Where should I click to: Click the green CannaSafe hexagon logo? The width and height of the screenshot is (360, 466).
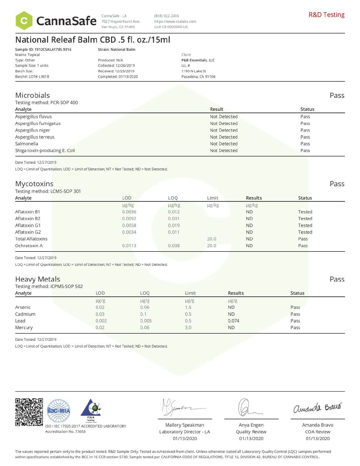(x=24, y=21)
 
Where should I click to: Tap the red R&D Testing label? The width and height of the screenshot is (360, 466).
(x=326, y=15)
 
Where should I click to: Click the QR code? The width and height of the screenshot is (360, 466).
(x=29, y=412)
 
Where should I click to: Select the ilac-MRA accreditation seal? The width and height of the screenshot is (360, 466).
(x=59, y=411)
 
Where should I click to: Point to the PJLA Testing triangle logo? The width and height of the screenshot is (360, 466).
(x=91, y=410)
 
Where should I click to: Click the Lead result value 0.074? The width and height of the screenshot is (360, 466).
(x=233, y=321)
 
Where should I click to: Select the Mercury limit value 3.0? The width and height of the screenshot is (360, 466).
(x=188, y=327)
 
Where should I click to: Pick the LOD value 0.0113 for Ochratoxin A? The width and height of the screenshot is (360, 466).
(x=129, y=246)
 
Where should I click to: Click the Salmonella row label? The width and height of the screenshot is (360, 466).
(x=27, y=144)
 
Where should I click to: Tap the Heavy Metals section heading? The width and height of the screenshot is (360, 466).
(x=38, y=279)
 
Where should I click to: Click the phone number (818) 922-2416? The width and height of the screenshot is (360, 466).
(x=166, y=16)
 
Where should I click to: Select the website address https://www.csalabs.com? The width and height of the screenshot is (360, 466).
(x=175, y=21)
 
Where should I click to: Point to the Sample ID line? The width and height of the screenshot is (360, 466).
(x=43, y=49)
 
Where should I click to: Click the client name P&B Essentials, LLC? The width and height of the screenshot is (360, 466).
(x=198, y=60)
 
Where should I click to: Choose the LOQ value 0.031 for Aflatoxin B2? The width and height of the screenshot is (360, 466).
(x=174, y=219)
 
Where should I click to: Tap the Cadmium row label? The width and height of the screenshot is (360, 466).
(x=25, y=314)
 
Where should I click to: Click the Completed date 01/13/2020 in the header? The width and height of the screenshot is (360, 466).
(x=118, y=76)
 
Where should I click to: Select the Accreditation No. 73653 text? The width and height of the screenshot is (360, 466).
(x=65, y=431)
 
